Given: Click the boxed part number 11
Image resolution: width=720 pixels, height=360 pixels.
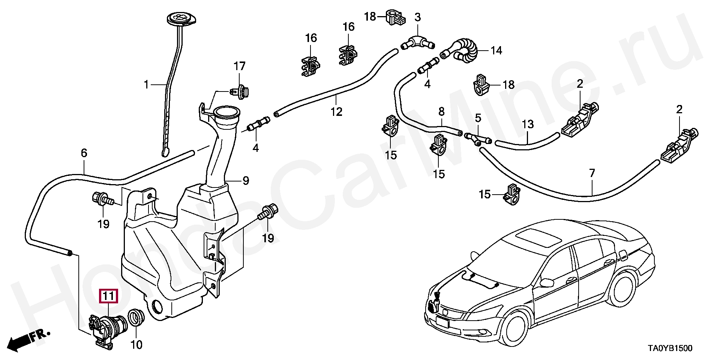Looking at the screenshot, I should coord(108,296).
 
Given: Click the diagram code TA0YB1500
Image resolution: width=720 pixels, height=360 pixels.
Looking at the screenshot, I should coord(670,348).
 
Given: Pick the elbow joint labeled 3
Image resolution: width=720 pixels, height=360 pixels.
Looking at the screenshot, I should coord(417,42).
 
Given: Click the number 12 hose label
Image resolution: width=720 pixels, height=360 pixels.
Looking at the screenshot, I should coord(336,111).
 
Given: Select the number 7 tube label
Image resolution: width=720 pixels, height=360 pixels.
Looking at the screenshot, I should coord(592,173).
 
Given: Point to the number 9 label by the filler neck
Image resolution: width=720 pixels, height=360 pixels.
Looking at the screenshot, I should coord(246,181).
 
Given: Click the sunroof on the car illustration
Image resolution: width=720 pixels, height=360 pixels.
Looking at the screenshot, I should coord(536,238).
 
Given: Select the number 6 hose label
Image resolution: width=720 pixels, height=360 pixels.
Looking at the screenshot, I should coord(84,153).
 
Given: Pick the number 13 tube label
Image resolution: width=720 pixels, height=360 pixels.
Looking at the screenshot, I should coord(528,124).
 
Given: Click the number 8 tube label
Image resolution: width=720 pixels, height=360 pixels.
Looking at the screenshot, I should coord(441,111).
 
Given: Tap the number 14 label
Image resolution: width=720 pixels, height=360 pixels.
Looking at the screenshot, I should coord(496,50).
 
